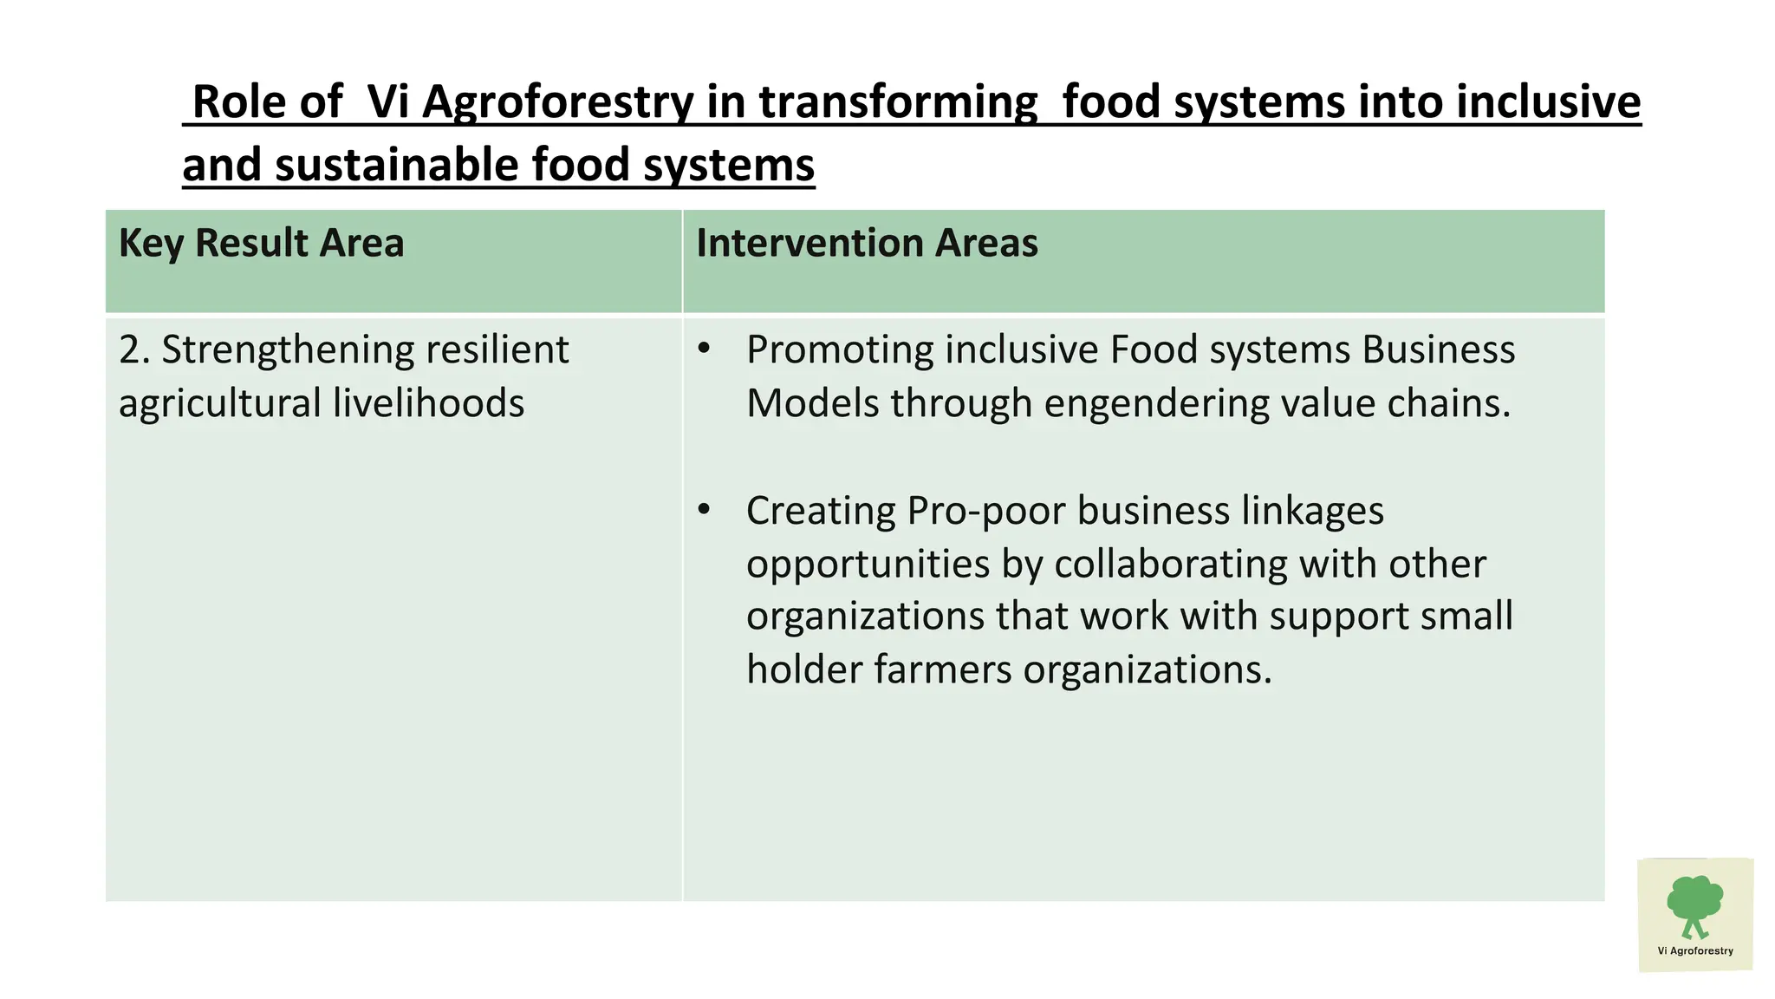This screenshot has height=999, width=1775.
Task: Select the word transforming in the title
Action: click(x=898, y=101)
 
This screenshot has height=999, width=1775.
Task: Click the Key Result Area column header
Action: click(x=261, y=243)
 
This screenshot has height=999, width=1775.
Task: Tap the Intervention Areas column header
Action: click(x=867, y=243)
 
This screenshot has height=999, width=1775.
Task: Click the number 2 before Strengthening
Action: click(x=129, y=350)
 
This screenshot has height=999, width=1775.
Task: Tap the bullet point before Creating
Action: click(x=704, y=511)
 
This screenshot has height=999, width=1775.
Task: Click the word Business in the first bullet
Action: click(x=1438, y=350)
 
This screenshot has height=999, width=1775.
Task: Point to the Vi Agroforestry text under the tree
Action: click(x=1695, y=950)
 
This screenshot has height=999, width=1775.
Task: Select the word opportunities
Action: click(x=868, y=565)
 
